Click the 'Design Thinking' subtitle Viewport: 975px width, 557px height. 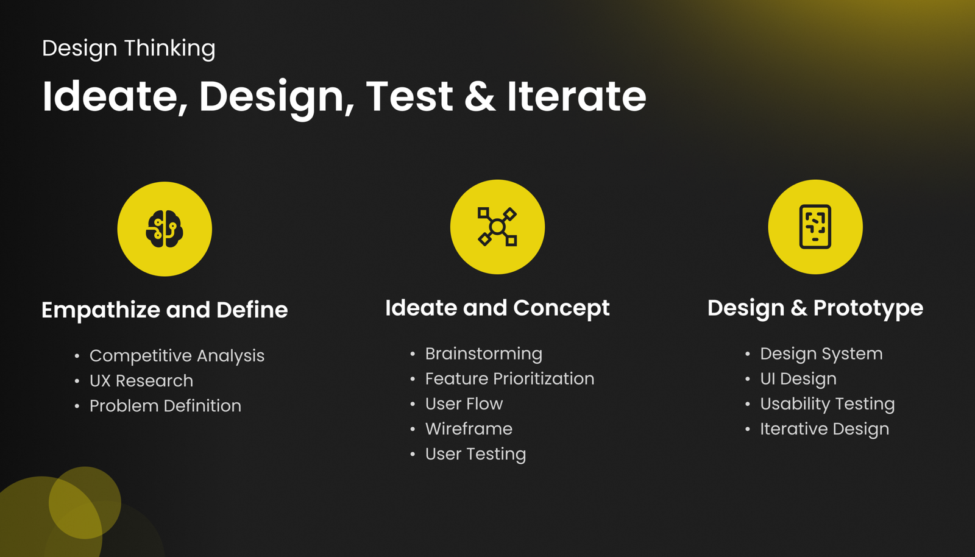(129, 48)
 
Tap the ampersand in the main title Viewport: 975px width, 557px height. (480, 96)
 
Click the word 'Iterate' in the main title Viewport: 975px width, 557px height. (576, 96)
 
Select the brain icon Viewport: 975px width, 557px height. (165, 229)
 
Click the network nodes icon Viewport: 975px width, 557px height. (497, 227)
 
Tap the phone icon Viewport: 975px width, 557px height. (815, 227)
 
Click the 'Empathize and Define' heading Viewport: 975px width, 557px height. (165, 310)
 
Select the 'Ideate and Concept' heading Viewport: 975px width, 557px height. (497, 308)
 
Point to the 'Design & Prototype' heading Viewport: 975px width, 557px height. (815, 308)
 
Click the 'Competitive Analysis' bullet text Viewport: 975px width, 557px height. (177, 356)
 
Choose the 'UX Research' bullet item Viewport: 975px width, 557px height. (141, 381)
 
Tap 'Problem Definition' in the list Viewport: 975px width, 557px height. (165, 406)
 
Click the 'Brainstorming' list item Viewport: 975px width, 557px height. (484, 354)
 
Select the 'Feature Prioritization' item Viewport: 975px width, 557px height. (509, 378)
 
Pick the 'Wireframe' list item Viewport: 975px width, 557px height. (469, 429)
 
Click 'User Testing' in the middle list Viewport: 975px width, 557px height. (476, 454)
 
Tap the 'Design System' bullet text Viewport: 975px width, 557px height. (821, 354)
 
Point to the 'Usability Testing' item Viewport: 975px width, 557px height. (828, 404)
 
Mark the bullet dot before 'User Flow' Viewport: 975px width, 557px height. (413, 404)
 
